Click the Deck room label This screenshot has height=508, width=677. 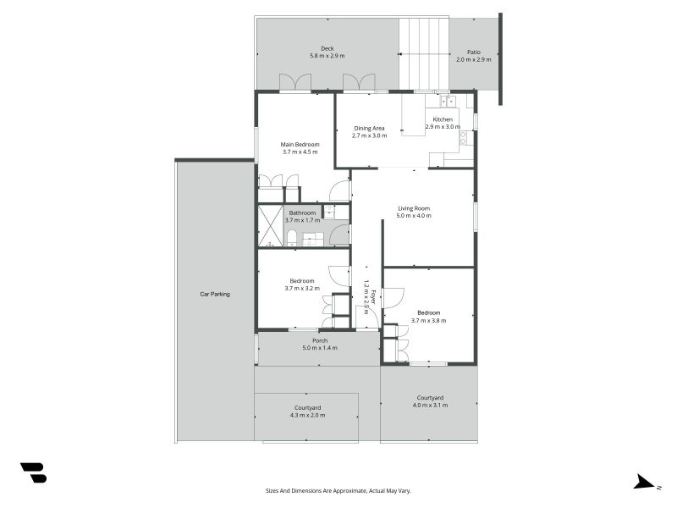(327, 48)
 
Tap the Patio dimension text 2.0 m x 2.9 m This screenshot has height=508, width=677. (474, 59)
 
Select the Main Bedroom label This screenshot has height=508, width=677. (300, 144)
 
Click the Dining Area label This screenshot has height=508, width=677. (369, 129)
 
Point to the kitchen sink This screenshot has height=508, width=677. (449, 101)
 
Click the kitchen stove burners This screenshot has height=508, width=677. (463, 138)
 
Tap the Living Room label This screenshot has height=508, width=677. (414, 208)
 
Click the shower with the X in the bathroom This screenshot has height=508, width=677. (270, 226)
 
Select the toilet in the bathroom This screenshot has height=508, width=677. (292, 238)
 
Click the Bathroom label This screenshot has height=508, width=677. (302, 213)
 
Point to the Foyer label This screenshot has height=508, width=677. (373, 297)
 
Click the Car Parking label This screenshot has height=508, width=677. (215, 294)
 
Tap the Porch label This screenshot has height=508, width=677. (320, 340)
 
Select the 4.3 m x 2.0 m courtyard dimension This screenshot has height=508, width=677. (308, 415)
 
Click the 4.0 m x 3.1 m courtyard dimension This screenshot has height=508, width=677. (430, 406)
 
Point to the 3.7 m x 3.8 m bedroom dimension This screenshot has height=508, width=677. (429, 321)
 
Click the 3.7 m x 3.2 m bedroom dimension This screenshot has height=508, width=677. (302, 288)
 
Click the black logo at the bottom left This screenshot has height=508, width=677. (34, 472)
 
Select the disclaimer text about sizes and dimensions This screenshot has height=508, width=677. (338, 491)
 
